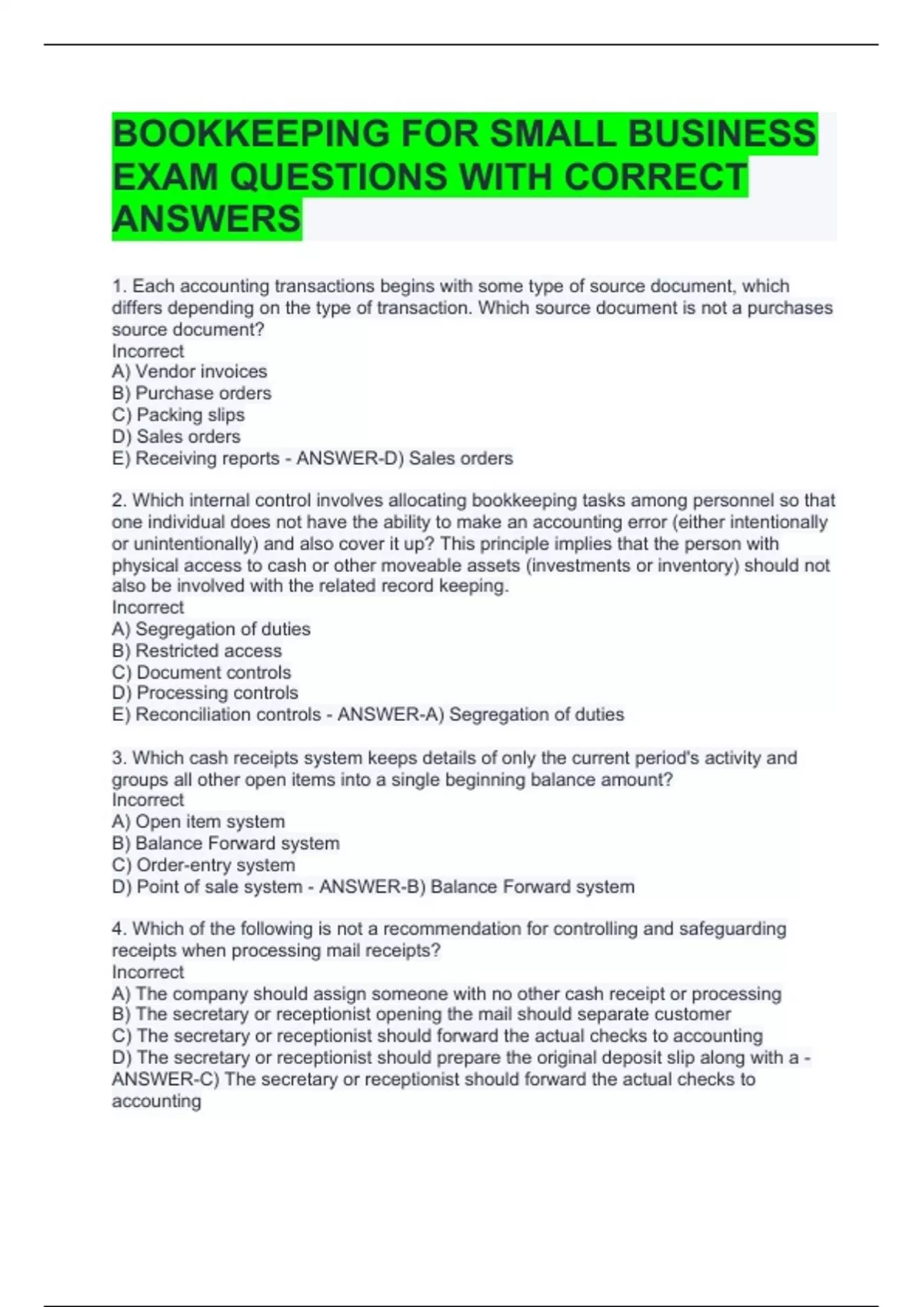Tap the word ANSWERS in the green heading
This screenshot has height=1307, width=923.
[x=206, y=219]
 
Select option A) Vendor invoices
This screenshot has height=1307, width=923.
[x=189, y=371]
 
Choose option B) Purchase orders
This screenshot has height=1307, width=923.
[x=192, y=393]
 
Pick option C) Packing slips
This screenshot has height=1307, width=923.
[x=178, y=414]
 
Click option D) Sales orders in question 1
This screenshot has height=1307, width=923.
[x=176, y=436]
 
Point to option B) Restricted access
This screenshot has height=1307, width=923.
[x=197, y=650]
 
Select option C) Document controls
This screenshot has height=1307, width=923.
[x=202, y=672]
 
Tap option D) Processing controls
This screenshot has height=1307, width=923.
[x=205, y=693]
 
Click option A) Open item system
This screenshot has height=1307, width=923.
[x=198, y=821]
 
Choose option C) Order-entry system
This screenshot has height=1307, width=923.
[x=203, y=865]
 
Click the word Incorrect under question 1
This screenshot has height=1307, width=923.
[x=148, y=351]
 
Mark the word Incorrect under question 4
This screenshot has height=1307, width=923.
[x=148, y=972]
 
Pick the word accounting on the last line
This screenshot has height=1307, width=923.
[x=156, y=1101]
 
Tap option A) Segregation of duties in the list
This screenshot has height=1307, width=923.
[x=212, y=629]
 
